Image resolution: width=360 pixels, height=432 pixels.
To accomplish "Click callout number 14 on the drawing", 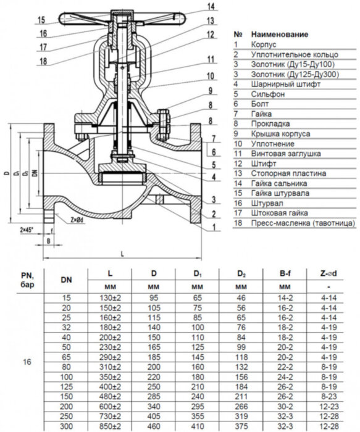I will tap(211, 7).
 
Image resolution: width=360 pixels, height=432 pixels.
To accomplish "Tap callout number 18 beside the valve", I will tap(43, 60).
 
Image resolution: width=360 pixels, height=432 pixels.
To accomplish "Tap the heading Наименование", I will tap(280, 35).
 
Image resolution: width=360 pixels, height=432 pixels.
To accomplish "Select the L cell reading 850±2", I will tap(110, 426).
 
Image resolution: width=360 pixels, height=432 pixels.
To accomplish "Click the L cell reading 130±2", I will tap(110, 297).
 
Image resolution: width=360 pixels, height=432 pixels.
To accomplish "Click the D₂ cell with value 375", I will tap(241, 426).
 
